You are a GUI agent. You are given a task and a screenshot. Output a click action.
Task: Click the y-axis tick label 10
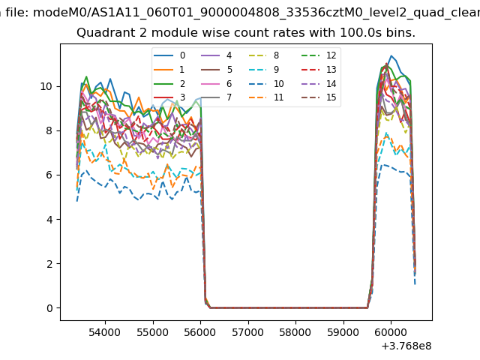pos(46,86)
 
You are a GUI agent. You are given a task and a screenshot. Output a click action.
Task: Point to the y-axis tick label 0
pos(49,308)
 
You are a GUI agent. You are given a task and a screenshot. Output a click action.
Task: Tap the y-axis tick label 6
pos(49,175)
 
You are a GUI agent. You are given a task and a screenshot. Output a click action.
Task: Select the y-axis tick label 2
pos(49,264)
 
